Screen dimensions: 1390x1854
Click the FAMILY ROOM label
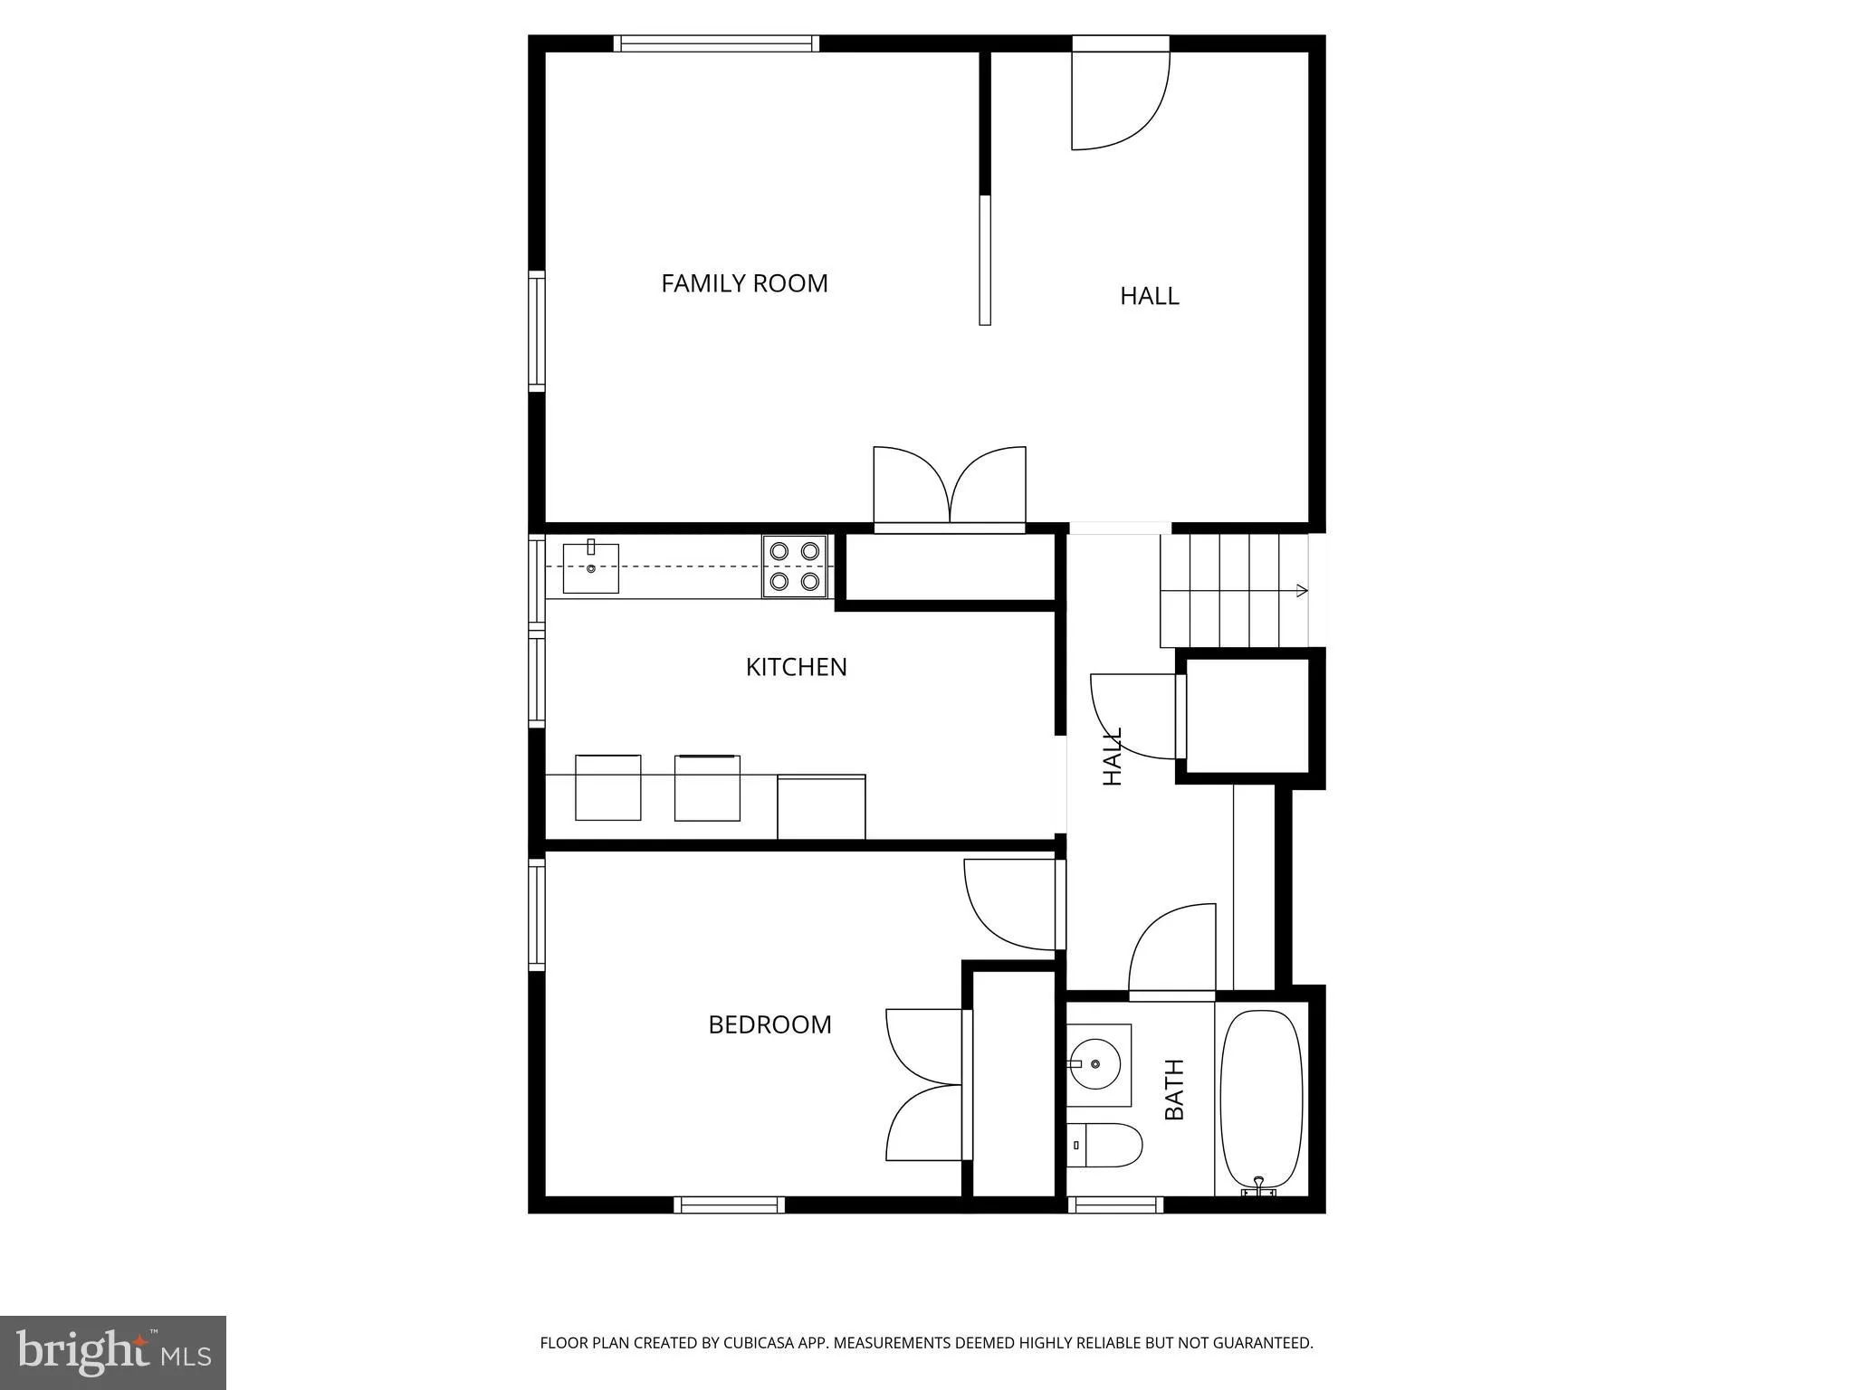744,283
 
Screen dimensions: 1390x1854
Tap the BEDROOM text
769,1024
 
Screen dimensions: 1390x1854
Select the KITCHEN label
796,667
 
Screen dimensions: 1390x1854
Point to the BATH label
1174,1090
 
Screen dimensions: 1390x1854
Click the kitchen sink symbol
590,567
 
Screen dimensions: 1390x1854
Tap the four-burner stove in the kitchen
795,566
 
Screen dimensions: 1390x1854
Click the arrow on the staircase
1301,591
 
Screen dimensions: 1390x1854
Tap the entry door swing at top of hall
1118,100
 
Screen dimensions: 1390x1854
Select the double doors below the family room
949,486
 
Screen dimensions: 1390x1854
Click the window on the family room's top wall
716,43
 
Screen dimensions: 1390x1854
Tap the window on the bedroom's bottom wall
729,1204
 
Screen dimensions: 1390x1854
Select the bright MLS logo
113,1352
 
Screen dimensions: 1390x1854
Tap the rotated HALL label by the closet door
1112,757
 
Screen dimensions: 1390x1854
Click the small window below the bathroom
1115,1204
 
